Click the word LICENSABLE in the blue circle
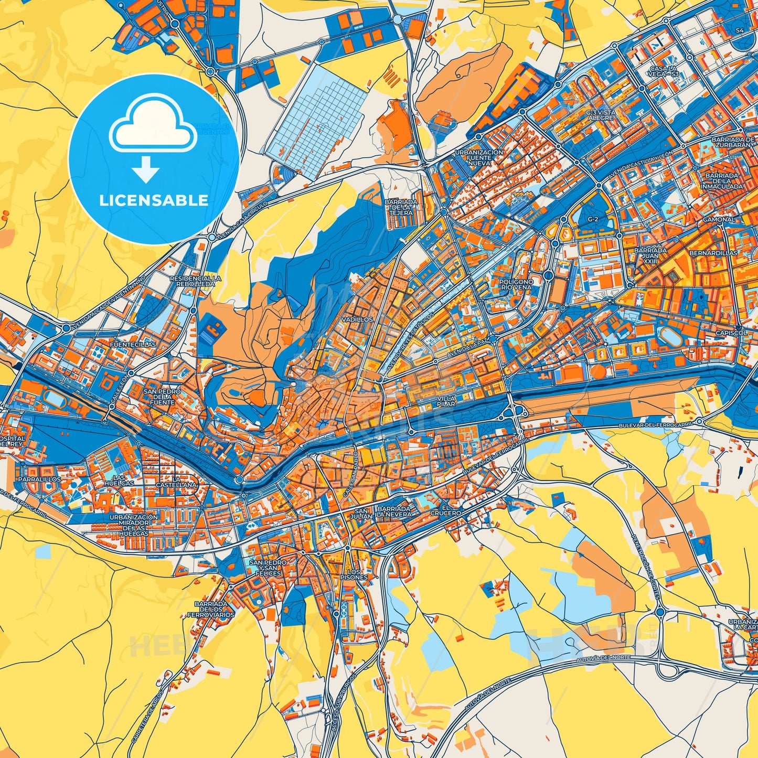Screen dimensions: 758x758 click(154, 200)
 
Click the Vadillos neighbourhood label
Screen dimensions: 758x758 click(357, 319)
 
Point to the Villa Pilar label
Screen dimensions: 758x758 click(446, 402)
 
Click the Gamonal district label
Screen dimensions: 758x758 click(719, 219)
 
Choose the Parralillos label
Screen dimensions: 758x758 click(39, 479)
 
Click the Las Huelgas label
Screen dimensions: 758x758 click(123, 479)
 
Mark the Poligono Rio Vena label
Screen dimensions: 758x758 click(517, 284)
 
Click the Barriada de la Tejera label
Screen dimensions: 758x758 click(401, 212)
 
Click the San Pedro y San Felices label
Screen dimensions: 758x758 click(268, 568)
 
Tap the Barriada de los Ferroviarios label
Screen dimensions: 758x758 click(214, 609)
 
